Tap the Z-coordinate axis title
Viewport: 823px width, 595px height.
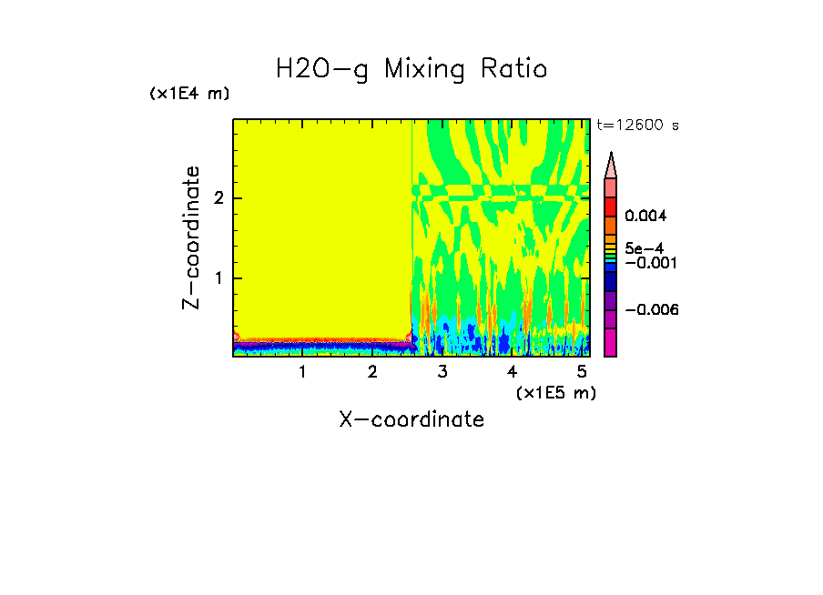click(x=191, y=237)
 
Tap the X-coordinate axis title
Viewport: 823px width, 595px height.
click(x=411, y=419)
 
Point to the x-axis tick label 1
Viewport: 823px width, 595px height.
click(x=302, y=371)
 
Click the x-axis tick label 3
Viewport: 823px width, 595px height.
click(x=442, y=371)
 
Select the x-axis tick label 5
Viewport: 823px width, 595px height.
click(x=582, y=371)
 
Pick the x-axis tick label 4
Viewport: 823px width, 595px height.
click(x=512, y=371)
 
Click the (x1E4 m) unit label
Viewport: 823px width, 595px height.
click(x=189, y=94)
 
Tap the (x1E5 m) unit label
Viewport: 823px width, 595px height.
click(x=555, y=392)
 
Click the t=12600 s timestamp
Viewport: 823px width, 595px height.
click(x=637, y=126)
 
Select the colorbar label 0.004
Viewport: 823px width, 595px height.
click(x=646, y=217)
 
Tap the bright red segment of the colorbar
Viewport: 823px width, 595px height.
click(x=611, y=206)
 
